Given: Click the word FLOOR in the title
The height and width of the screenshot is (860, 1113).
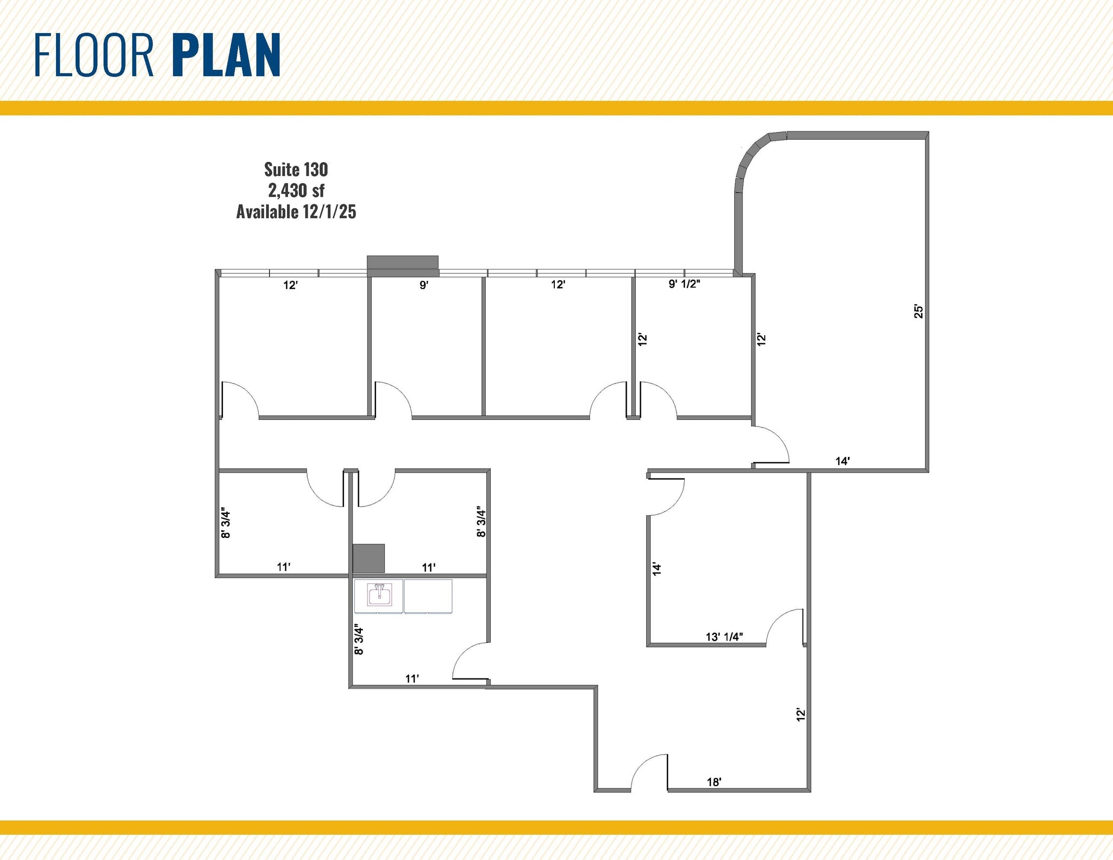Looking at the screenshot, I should coord(94,55).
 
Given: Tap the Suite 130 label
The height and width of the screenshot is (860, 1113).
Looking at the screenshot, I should coord(296,170).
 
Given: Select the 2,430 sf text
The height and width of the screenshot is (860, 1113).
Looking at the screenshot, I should coord(296,190).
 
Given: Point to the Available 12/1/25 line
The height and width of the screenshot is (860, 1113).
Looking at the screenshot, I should coord(296,211).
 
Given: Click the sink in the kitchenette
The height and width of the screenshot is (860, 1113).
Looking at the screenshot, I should coord(379,594).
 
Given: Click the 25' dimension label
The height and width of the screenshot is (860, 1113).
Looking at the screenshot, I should coord(918,311).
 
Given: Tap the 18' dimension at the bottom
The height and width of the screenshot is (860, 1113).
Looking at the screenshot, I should coord(714,782).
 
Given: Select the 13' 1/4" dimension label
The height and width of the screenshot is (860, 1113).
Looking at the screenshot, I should coord(724,637).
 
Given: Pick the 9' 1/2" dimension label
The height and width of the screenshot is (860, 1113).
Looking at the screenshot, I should coord(684,284).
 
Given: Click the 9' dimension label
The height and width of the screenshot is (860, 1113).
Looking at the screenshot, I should coord(424,284).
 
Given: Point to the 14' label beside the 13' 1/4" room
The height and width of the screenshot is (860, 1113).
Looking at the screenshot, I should coord(656,569).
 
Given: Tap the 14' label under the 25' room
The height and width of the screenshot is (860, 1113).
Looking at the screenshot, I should coord(842,461).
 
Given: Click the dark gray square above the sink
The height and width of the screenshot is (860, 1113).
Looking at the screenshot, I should coord(368,558).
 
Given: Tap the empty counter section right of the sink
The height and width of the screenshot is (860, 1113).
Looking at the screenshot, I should coord(428,596).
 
